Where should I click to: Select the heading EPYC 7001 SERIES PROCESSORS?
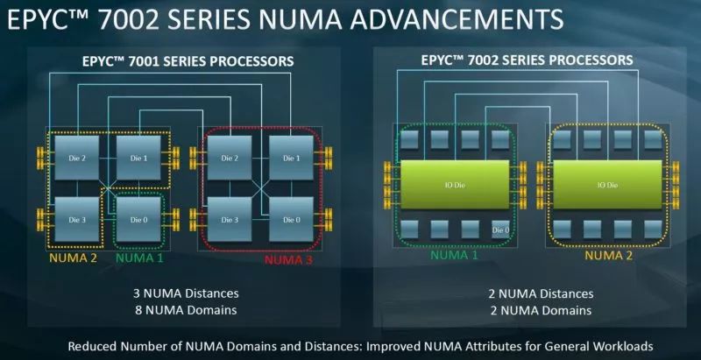pyautogui.click(x=188, y=60)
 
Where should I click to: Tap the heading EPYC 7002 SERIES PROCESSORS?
pyautogui.click(x=527, y=60)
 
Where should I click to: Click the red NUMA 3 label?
pyautogui.click(x=288, y=259)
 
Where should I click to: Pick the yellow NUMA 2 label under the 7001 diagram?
pyautogui.click(x=74, y=258)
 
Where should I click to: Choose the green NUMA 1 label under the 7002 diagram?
pyautogui.click(x=454, y=255)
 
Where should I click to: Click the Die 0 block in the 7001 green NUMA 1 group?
pyautogui.click(x=138, y=219)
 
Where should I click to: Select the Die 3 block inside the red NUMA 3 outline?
pyautogui.click(x=230, y=219)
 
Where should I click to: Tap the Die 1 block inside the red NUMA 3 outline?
pyautogui.click(x=291, y=158)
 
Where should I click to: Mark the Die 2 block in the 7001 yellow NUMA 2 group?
pyautogui.click(x=77, y=158)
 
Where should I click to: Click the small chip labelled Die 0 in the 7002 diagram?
pyautogui.click(x=500, y=229)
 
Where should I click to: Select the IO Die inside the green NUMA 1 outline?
pyautogui.click(x=455, y=185)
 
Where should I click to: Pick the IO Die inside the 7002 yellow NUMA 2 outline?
pyautogui.click(x=607, y=185)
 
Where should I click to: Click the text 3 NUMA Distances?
pyautogui.click(x=186, y=293)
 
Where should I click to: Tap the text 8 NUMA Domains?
pyautogui.click(x=185, y=309)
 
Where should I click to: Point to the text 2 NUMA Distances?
pyautogui.click(x=542, y=294)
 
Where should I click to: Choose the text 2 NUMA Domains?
pyautogui.click(x=541, y=310)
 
